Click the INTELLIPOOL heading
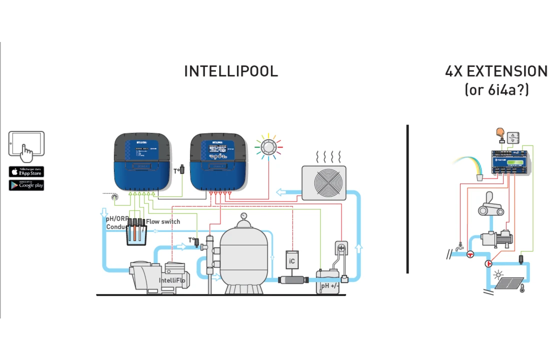coord(231,71)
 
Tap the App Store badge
coord(26,172)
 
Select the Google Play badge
coord(26,185)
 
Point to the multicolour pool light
coord(268,146)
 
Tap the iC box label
coord(292,261)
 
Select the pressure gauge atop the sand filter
coord(243,216)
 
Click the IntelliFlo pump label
coord(172,280)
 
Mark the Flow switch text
coord(163,221)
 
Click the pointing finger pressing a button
coord(499,133)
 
